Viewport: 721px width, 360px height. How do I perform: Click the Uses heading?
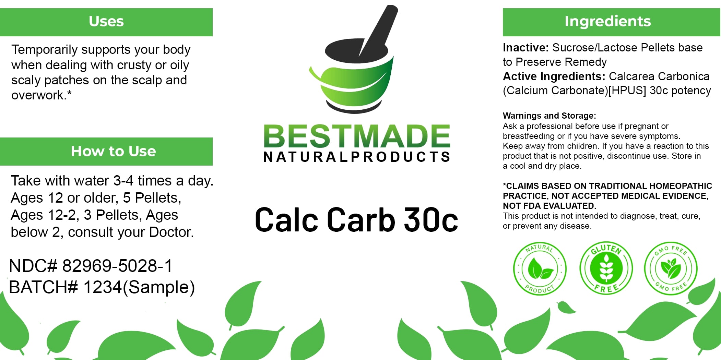(106, 21)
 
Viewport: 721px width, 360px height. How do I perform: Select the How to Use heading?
(113, 151)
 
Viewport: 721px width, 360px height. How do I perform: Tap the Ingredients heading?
(608, 21)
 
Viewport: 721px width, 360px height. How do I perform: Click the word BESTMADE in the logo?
(357, 136)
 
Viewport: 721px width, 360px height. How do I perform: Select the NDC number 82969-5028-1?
(117, 266)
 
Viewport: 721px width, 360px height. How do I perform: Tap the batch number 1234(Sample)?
(139, 287)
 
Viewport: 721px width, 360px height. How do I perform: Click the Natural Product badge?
(540, 268)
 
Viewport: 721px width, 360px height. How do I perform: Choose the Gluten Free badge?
(606, 268)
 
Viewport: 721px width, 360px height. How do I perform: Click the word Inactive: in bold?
(526, 48)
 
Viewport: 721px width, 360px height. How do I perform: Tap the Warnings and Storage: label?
(549, 116)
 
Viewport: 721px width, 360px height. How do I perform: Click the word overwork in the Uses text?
(37, 95)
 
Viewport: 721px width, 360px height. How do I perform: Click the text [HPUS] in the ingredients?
(627, 91)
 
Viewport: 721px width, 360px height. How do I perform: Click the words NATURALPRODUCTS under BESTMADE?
(357, 157)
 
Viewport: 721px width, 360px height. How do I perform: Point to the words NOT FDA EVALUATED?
(549, 206)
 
